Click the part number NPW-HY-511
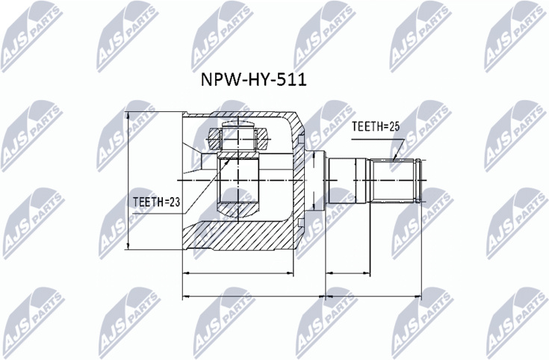pos(253,80)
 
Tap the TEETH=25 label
pos(375,127)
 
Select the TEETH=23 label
pos(156,202)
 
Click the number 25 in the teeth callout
pos(394,127)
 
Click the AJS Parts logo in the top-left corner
pos(31,37)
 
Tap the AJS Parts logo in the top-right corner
pos(515,37)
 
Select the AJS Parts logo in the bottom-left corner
pos(34,322)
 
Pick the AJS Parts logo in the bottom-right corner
pos(518,322)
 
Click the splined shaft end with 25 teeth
pos(396,181)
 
